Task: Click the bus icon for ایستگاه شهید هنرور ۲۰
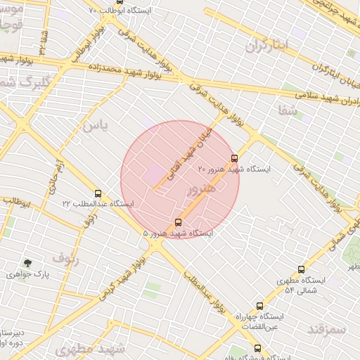[x=234, y=158]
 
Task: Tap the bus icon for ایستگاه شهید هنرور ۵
[x=177, y=222]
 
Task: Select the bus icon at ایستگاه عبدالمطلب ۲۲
[x=98, y=193]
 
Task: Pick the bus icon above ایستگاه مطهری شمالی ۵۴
[x=302, y=269]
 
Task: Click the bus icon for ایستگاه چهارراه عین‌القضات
[x=260, y=306]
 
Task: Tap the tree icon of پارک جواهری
[x=27, y=262]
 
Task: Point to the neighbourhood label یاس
[x=96, y=125]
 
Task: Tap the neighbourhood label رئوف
[x=65, y=257]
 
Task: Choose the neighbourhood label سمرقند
[x=327, y=329]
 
